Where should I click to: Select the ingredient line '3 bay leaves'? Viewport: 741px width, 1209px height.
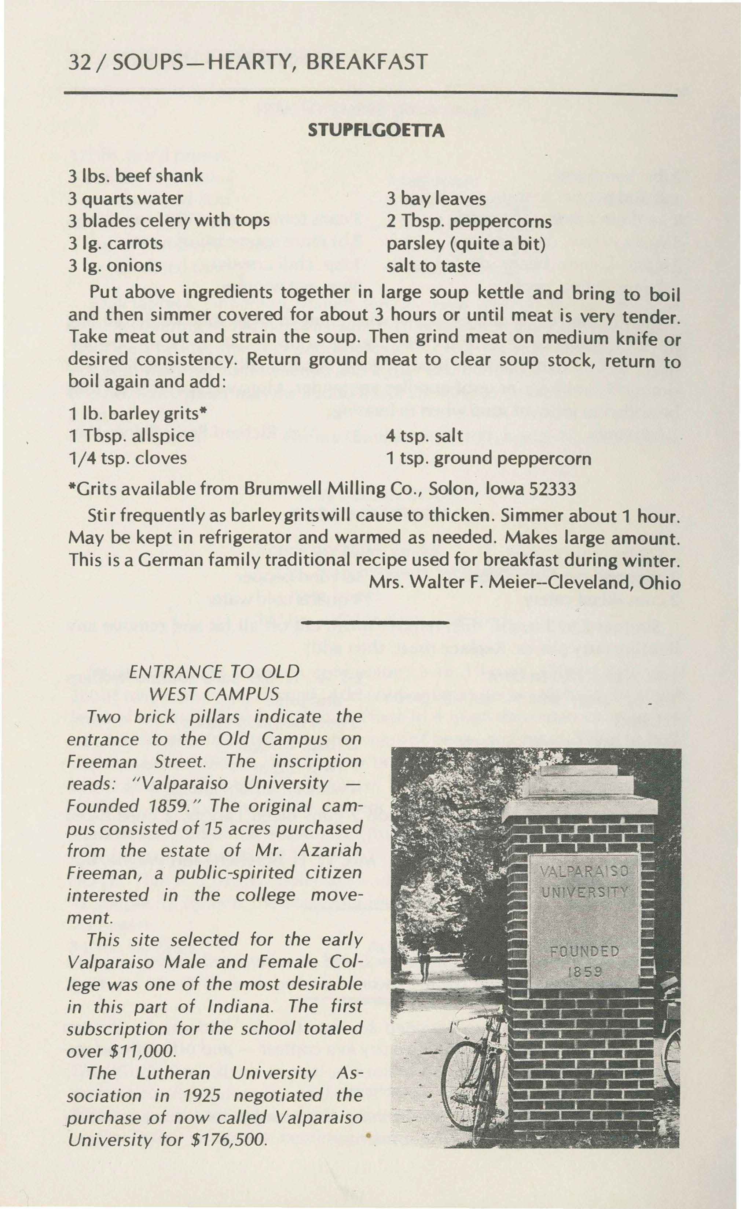pos(436,199)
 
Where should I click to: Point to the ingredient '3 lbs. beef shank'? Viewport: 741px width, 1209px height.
pos(135,176)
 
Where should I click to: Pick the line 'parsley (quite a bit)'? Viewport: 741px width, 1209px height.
pos(466,244)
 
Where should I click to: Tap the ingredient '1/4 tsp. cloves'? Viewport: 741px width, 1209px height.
pos(127,458)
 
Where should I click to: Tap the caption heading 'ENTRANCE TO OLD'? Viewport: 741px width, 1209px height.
pos(213,671)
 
